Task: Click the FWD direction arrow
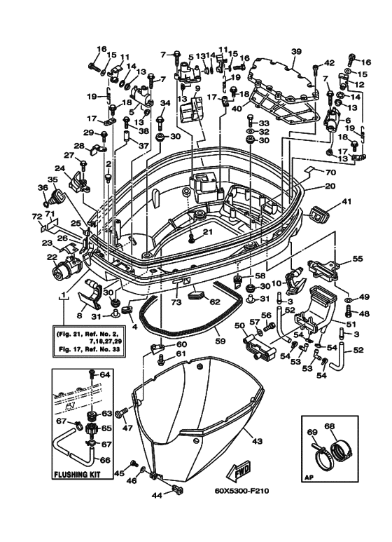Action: (238, 472)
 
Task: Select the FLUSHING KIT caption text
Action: (77, 474)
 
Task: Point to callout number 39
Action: (296, 52)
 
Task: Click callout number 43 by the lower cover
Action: (258, 441)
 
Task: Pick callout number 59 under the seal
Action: (220, 341)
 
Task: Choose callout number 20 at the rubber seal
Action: (330, 186)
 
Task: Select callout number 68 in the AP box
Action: (330, 426)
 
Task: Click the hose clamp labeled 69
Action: (319, 454)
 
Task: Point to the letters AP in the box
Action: (308, 479)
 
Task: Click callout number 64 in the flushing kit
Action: (105, 374)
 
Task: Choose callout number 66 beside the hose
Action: (106, 461)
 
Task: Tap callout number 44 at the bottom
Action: (157, 496)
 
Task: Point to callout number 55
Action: (358, 258)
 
